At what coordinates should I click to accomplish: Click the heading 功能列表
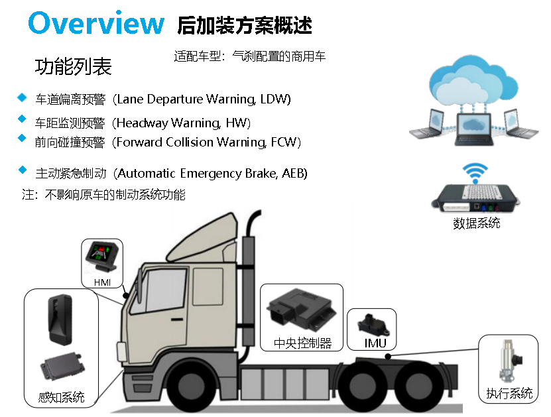click(x=73, y=67)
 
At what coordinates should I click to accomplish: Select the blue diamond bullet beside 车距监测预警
click(x=23, y=119)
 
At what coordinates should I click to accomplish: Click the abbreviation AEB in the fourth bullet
click(x=294, y=174)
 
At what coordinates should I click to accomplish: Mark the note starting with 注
click(x=104, y=195)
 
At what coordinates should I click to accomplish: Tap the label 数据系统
click(x=477, y=223)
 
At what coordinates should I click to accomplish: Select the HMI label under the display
click(x=102, y=283)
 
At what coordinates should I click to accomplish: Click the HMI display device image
click(x=102, y=258)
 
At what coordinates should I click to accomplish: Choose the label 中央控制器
click(x=302, y=343)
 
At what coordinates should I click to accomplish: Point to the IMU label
click(x=375, y=343)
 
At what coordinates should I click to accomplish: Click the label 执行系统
click(x=509, y=394)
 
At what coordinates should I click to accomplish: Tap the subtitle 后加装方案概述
click(x=245, y=25)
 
